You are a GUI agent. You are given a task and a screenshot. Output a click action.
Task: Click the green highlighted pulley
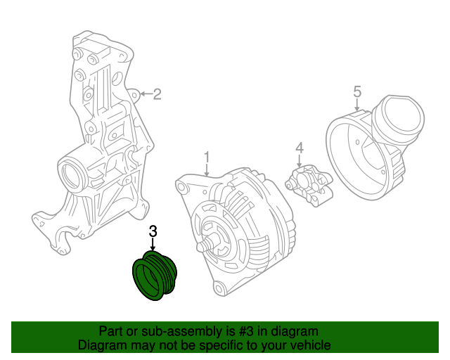click(x=157, y=278)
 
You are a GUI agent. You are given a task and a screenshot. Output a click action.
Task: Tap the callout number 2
click(x=157, y=94)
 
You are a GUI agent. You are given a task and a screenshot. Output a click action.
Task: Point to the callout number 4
click(x=299, y=148)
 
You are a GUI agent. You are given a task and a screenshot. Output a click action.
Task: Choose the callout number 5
click(x=356, y=91)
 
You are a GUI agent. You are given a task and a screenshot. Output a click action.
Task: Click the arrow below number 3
click(x=153, y=244)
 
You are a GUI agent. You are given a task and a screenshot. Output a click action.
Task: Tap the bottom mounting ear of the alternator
click(x=219, y=288)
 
